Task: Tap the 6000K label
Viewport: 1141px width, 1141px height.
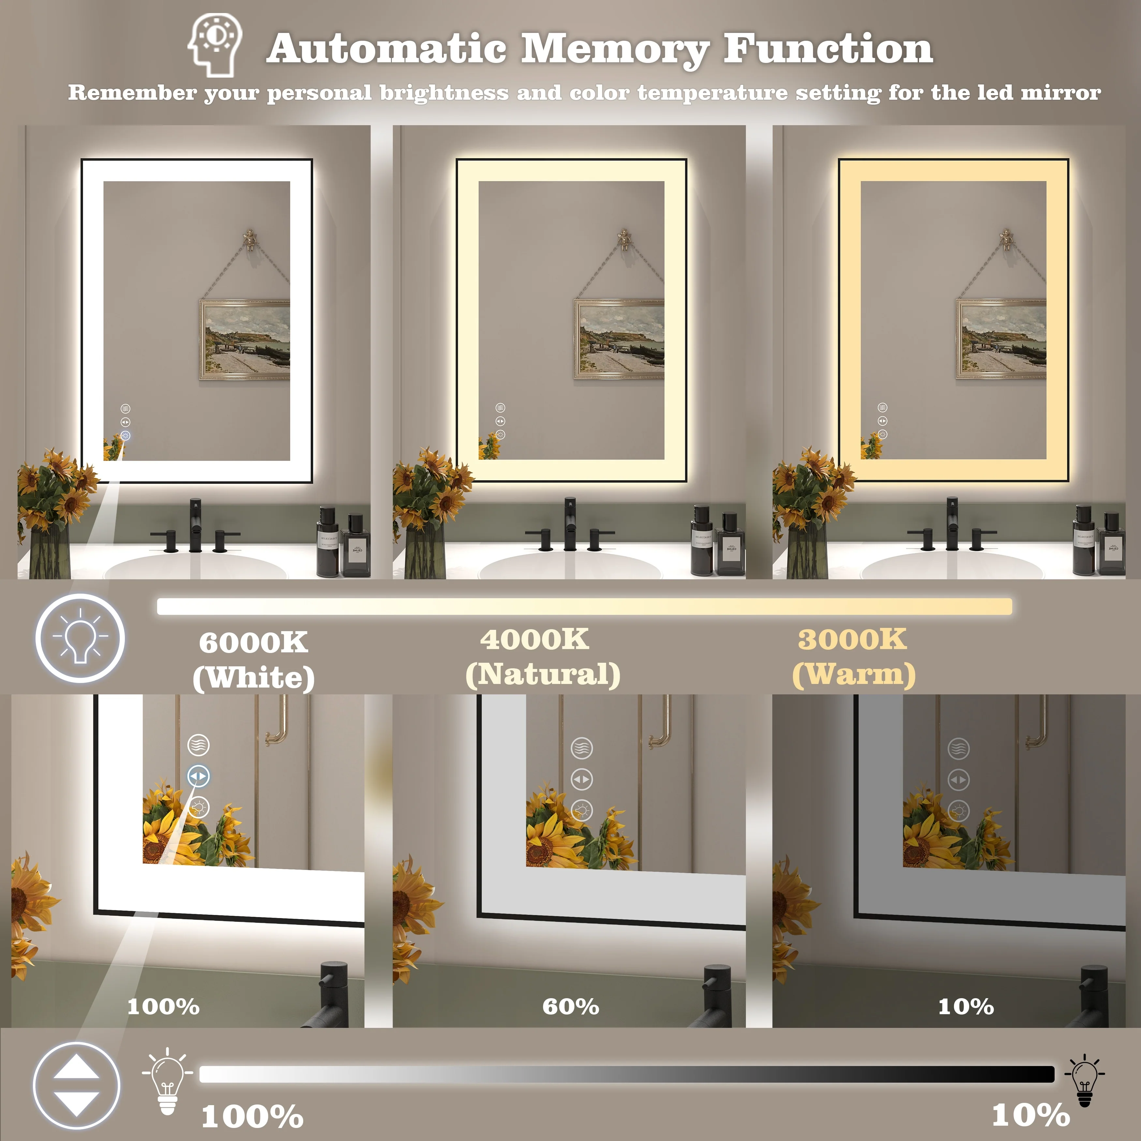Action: point(253,643)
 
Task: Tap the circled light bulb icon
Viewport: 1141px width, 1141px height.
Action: point(80,638)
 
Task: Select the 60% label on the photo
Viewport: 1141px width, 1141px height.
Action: point(570,1007)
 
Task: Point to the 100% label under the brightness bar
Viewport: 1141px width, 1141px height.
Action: point(252,1116)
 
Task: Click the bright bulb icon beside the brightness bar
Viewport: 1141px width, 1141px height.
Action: point(167,1081)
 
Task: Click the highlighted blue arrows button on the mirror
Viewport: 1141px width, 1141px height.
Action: point(199,776)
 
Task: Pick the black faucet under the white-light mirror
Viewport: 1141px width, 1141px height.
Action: point(196,526)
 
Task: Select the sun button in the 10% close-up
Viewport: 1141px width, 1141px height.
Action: point(958,811)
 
